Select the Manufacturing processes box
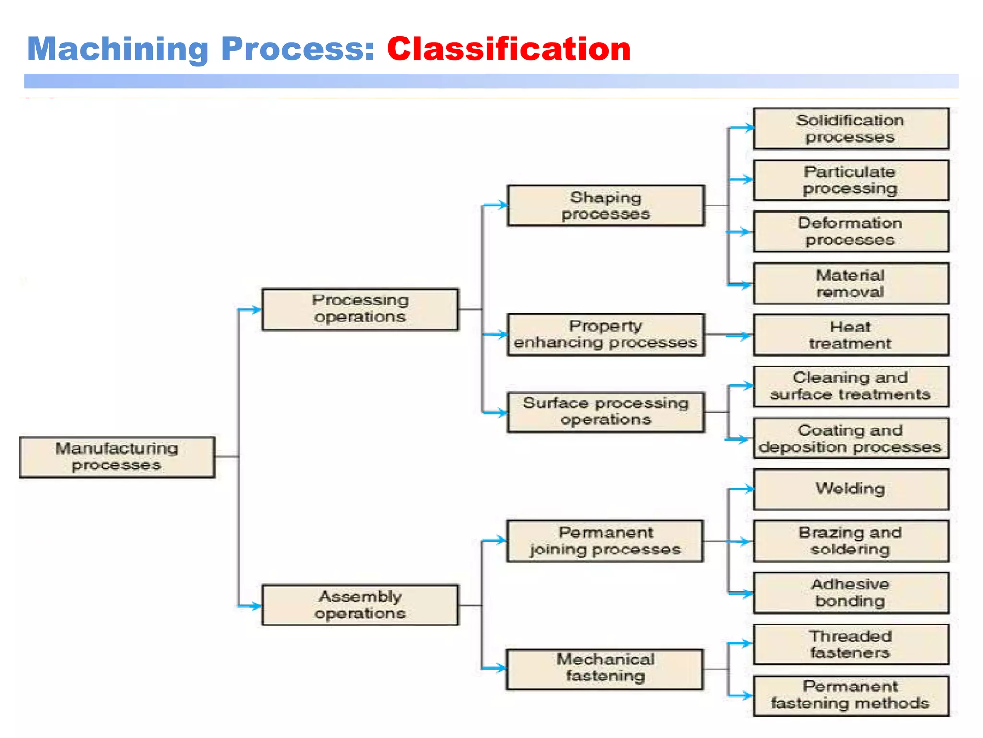[117, 457]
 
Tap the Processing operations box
[360, 309]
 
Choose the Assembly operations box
[360, 605]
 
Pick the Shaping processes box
[606, 206]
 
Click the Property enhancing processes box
[606, 334]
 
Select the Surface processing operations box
[606, 412]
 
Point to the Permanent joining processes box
[605, 541]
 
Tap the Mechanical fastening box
[605, 669]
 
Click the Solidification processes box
[851, 129]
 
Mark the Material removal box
[851, 283]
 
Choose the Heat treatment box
[851, 335]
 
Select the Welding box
[851, 489]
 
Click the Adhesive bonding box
[851, 592]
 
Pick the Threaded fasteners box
[851, 644]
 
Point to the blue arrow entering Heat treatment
[739, 335]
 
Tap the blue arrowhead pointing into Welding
[748, 489]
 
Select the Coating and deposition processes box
[851, 438]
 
